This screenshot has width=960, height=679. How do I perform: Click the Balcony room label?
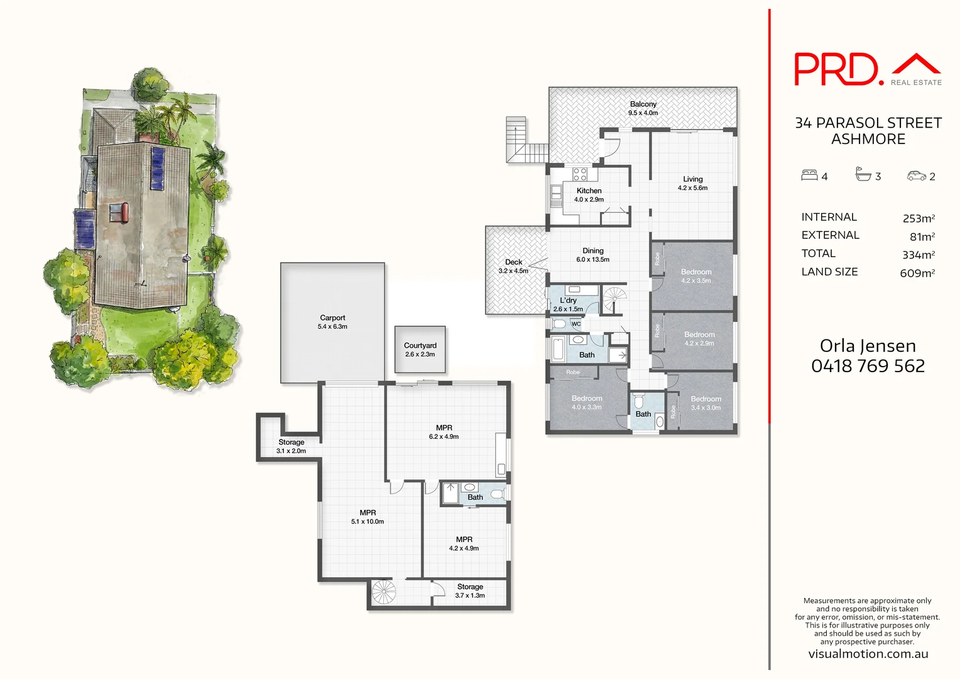643,104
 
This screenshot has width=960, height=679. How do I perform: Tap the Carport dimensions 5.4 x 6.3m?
332,327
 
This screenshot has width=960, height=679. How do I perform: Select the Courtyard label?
420,346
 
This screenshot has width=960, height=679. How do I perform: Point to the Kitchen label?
589,190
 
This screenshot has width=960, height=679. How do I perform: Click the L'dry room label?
568,301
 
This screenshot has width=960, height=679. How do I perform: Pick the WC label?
576,324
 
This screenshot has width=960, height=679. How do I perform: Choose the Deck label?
513,262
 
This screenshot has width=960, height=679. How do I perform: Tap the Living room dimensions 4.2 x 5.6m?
692,188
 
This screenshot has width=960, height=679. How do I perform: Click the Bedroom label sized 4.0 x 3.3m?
587,399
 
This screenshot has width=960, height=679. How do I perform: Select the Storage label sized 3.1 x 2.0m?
291,443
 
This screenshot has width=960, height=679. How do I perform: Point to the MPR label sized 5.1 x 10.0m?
368,513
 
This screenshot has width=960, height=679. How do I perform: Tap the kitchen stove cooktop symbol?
580,174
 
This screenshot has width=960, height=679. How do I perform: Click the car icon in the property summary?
916,176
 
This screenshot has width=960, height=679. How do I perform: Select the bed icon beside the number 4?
809,175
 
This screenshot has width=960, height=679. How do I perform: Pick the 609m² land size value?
917,273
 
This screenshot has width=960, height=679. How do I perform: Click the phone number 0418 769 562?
868,366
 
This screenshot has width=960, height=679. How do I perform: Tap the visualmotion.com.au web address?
868,654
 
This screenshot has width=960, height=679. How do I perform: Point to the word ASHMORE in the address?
868,139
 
